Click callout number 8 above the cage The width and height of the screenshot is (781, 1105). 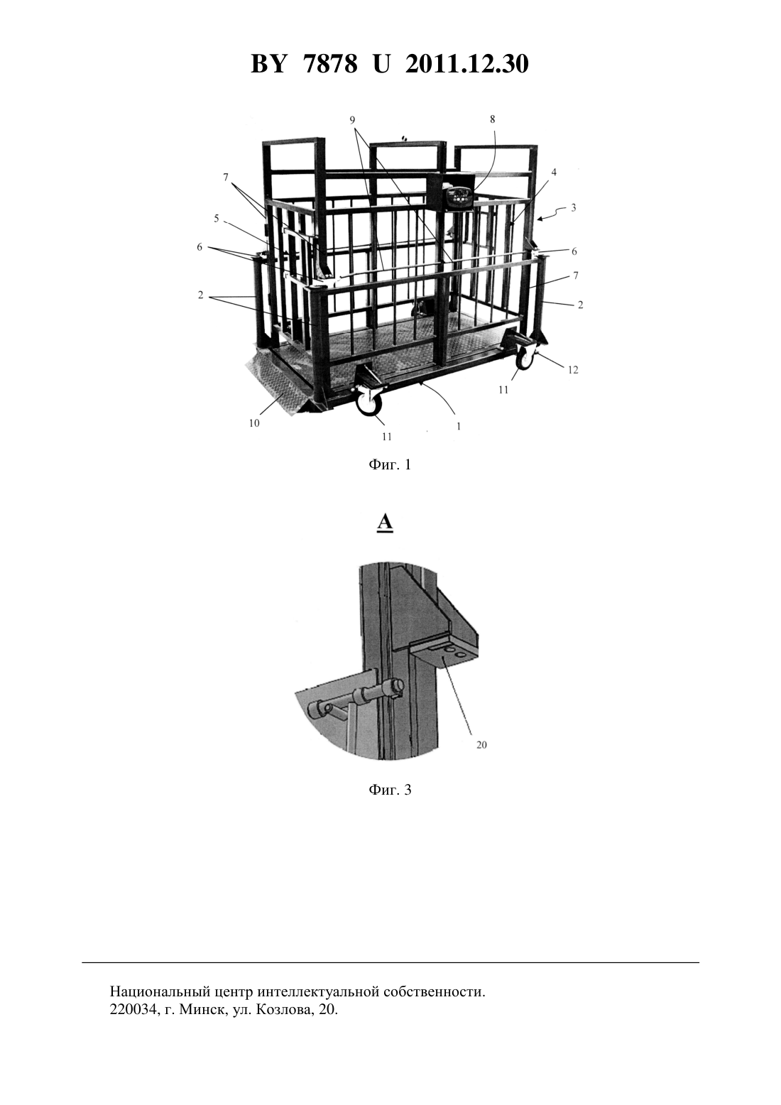tap(492, 119)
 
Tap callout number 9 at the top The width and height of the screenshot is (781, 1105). tap(352, 120)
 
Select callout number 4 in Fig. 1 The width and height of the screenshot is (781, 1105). tap(554, 172)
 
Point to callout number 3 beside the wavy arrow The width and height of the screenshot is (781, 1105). tap(574, 207)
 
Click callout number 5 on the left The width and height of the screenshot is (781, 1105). tap(216, 218)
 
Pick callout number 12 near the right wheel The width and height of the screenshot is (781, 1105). tap(572, 369)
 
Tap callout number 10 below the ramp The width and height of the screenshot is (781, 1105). tap(254, 423)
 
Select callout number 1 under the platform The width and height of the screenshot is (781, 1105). tap(459, 427)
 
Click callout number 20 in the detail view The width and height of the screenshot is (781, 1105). tap(481, 744)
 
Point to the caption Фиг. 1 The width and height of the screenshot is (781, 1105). tap(390, 465)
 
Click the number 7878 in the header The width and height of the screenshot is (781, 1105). tap(331, 64)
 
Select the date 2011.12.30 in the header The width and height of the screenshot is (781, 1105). tap(467, 64)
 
